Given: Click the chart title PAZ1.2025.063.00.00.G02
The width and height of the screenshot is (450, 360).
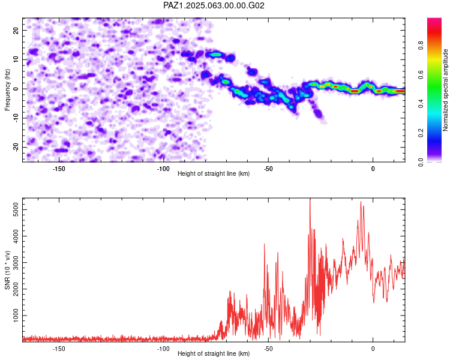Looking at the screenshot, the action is pos(214,5).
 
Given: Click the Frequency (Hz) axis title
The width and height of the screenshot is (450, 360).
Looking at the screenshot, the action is pos(7,90).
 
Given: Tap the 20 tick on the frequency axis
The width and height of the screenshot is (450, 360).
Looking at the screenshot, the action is pos(16,30).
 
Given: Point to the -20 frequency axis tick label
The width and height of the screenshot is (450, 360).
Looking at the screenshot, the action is pos(16,148).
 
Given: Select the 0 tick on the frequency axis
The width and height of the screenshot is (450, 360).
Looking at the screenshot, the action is pos(16,89).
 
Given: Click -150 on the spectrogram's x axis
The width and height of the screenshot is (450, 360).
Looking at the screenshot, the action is pos(59,169).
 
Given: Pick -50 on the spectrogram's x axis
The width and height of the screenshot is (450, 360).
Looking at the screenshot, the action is pos(268,169).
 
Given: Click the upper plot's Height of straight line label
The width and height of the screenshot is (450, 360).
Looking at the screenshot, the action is pos(214,173).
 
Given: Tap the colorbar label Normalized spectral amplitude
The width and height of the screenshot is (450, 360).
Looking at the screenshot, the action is pos(445,90).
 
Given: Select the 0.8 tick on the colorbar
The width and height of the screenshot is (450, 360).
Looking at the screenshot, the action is pos(421,46).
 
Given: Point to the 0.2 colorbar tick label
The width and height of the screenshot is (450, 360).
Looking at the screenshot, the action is pos(421,133).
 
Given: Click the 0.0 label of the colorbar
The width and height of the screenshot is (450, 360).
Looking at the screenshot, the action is pos(421,162).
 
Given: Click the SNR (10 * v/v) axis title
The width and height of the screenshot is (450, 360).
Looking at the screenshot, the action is pos(7,270).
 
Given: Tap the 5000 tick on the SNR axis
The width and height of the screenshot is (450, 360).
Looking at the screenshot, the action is pos(16,209).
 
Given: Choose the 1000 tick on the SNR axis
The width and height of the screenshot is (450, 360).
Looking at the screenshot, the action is pos(16,316).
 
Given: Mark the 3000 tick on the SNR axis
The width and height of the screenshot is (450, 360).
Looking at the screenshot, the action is pos(16,262).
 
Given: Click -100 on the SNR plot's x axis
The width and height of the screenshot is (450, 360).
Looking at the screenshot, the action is pos(163,349).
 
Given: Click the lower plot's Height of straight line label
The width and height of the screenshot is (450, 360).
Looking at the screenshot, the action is pos(214,353).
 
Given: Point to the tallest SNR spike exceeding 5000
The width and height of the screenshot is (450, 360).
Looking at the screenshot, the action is pos(310,199).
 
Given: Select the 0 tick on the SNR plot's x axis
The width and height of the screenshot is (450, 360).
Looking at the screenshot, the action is pos(373,349).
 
